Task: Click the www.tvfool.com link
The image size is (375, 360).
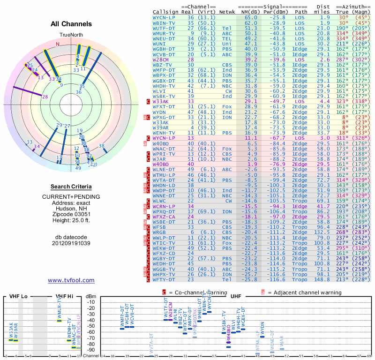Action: (x=71, y=280)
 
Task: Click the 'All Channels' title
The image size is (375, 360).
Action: (x=71, y=24)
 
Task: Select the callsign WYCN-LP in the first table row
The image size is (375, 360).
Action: (x=164, y=17)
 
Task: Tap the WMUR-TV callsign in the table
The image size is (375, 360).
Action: (x=164, y=33)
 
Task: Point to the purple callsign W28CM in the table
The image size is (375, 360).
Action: (x=161, y=60)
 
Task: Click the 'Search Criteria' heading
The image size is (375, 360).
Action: (x=71, y=187)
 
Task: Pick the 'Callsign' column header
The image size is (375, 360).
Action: (x=166, y=11)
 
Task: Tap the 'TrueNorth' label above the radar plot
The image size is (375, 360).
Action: (x=71, y=35)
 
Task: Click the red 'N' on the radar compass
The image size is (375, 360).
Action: (x=58, y=44)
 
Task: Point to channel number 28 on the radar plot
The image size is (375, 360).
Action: (x=45, y=97)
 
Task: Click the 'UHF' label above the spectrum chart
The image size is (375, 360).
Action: (x=236, y=296)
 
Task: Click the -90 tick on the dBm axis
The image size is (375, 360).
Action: (x=90, y=350)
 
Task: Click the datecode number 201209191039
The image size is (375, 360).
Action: (x=71, y=243)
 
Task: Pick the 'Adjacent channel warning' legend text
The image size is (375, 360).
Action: (x=304, y=292)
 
